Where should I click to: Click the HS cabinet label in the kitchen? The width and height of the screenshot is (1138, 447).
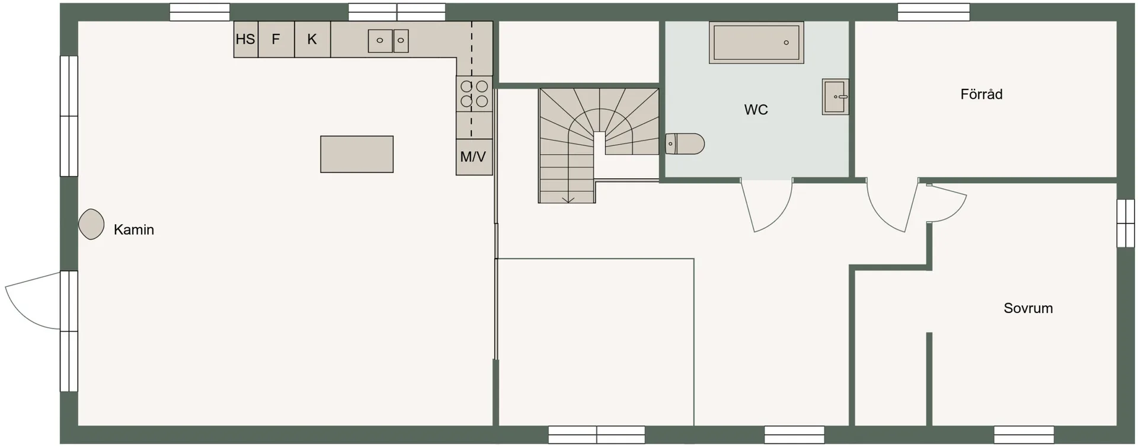click(245, 39)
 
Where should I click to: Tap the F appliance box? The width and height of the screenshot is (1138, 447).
click(276, 40)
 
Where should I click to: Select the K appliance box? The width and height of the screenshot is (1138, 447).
click(312, 40)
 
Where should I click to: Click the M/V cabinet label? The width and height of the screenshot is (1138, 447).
click(473, 157)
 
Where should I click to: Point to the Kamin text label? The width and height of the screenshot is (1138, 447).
click(134, 230)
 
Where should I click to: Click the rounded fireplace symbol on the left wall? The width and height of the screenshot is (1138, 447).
click(91, 224)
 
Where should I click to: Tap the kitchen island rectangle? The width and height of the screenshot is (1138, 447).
click(357, 154)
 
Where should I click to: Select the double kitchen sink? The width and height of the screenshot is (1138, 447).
click(388, 41)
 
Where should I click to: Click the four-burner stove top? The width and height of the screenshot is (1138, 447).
click(474, 94)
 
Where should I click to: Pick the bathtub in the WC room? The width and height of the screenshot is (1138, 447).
click(756, 43)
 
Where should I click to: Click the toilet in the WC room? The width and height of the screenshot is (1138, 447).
click(685, 144)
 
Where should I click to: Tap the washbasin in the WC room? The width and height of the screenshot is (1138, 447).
click(835, 97)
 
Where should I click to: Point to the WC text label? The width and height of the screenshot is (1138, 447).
click(756, 110)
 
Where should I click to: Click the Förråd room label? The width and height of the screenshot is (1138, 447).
click(982, 94)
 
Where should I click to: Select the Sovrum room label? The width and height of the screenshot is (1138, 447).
click(1028, 308)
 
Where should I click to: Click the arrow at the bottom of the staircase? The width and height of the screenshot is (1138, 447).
click(568, 199)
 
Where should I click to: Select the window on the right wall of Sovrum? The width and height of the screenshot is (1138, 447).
click(1126, 223)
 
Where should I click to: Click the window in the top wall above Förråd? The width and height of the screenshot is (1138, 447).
click(934, 12)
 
